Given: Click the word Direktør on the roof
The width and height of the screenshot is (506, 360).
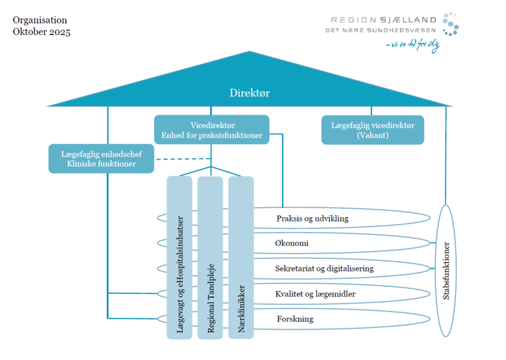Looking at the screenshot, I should (249, 93).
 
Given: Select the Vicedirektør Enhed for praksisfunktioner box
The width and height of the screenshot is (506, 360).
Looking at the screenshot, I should (212, 129).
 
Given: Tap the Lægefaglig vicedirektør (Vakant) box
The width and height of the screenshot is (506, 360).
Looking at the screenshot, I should (372, 129).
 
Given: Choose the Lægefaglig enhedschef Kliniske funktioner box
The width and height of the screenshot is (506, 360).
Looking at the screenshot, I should (102, 158).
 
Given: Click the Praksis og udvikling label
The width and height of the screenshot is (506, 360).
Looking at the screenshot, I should (312, 219).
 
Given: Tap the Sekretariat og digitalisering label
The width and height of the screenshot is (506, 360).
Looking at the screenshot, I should (324, 269).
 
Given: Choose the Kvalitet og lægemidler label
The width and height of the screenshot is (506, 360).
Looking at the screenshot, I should (314, 294).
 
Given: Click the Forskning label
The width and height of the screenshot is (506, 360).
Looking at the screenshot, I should (295, 319).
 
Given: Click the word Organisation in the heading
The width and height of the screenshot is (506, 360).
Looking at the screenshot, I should (40, 20).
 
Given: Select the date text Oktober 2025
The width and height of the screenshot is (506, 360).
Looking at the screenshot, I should (41, 32).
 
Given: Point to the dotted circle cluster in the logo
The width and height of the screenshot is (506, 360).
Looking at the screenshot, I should (450, 23).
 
